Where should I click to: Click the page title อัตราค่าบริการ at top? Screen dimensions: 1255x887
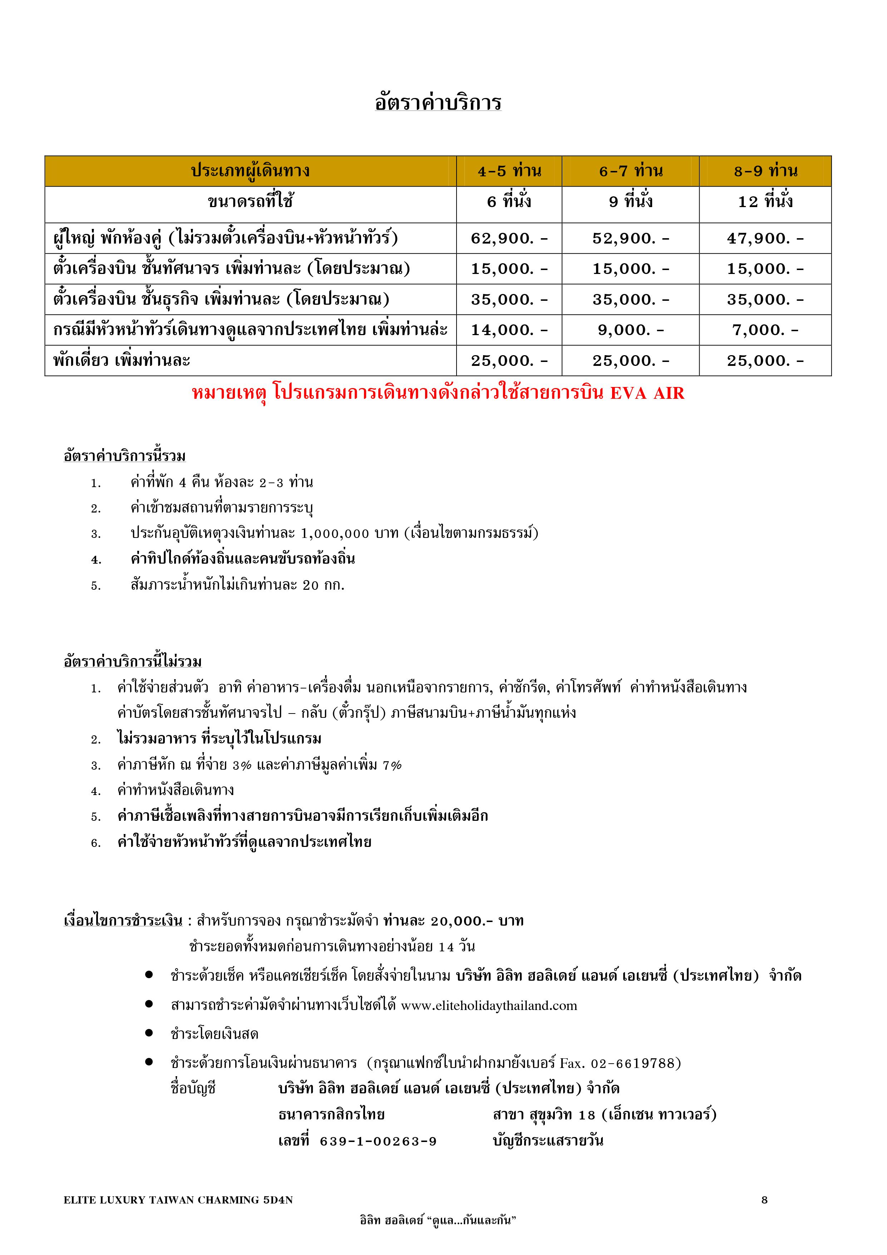[438, 103]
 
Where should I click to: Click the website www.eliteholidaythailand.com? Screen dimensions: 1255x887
[489, 1006]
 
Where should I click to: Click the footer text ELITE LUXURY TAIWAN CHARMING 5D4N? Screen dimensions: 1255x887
[178, 1200]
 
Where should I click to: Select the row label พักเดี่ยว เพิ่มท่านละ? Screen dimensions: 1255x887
[121, 361]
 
